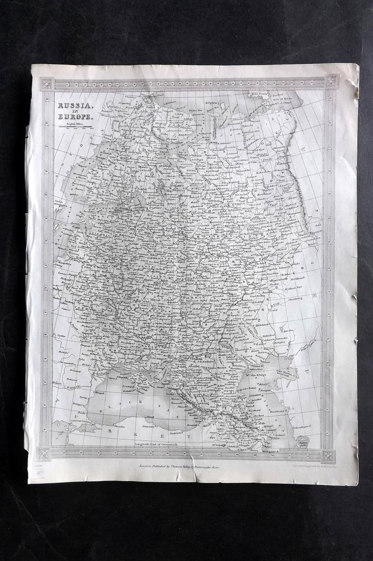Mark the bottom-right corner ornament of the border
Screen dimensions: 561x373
click(328, 455)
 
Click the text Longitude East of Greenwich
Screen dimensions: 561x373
click(159, 444)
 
